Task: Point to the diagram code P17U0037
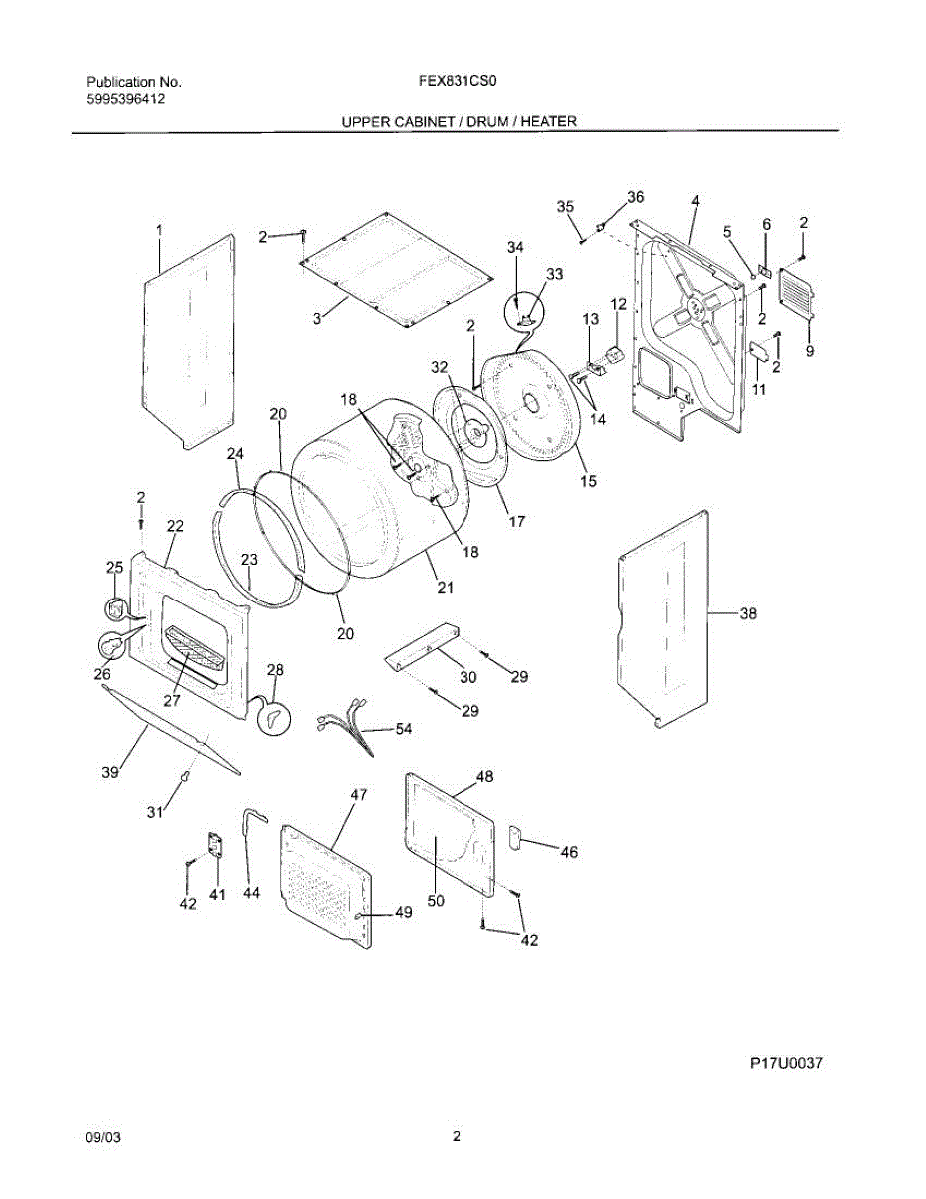pos(786,1064)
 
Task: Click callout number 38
pos(747,614)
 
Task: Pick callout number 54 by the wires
pos(403,730)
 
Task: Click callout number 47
pos(357,795)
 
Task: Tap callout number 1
pos(158,231)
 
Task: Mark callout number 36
pos(635,196)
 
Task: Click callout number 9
pos(810,350)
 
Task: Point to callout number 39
pos(110,771)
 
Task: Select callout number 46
pos(569,852)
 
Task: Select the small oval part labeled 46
pos(516,837)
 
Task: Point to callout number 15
pos(588,482)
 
